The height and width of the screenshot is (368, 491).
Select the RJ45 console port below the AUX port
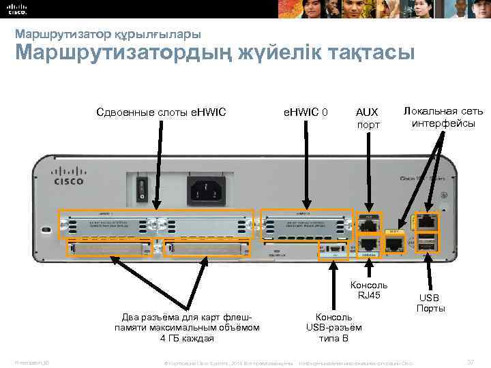point(368,243)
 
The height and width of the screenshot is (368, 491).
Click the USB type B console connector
point(335,250)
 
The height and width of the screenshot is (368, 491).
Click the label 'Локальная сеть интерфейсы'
point(443,117)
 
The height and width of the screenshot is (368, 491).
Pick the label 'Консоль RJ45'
point(369,290)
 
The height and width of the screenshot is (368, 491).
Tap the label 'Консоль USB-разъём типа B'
point(334,327)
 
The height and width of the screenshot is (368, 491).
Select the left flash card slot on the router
point(109,251)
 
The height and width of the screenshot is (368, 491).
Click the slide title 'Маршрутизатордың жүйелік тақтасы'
point(214,53)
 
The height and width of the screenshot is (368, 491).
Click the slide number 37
point(470,360)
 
